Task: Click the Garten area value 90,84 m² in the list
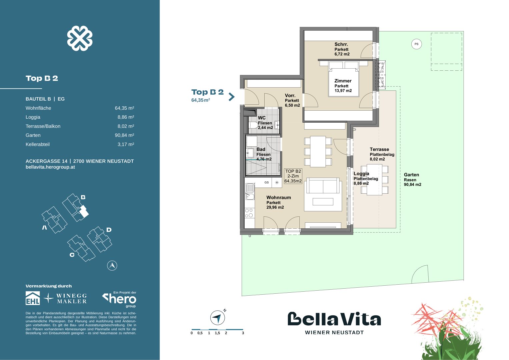click(x=124, y=135)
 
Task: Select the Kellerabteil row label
click(x=38, y=144)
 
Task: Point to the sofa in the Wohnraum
click(x=323, y=186)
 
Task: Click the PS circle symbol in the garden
click(x=416, y=44)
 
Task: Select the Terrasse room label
click(x=379, y=149)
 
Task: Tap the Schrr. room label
click(x=341, y=44)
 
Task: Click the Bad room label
click(x=261, y=149)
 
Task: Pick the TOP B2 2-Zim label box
click(x=293, y=176)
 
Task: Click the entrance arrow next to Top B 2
click(x=231, y=97)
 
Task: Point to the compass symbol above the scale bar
click(x=217, y=318)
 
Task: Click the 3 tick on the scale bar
click(x=243, y=333)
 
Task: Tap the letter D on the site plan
click(x=109, y=230)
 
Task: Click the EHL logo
click(x=33, y=298)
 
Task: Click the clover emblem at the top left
click(x=80, y=38)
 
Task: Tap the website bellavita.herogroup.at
click(x=50, y=167)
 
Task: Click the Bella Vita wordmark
click(x=334, y=319)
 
